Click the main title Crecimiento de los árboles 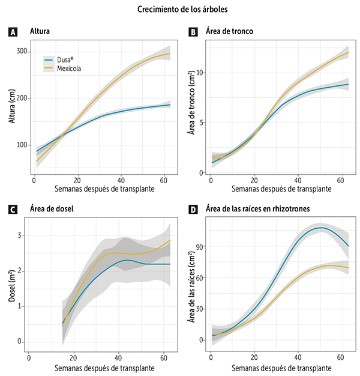click(179, 10)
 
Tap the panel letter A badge click(12, 32)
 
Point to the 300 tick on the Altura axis click(23, 52)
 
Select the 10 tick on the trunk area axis click(200, 73)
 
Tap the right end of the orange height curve click(170, 53)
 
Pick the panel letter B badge click(191, 32)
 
